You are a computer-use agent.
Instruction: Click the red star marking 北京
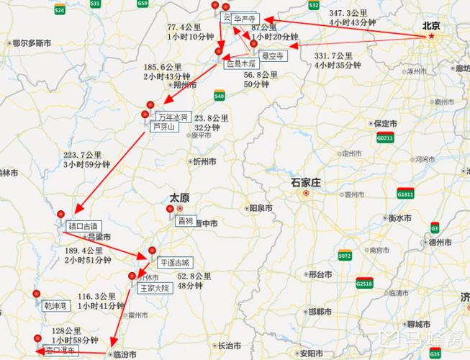(431, 37)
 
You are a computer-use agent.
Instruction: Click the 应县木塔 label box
(240, 64)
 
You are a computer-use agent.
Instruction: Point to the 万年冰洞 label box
(173, 117)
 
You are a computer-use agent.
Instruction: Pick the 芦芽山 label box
(163, 126)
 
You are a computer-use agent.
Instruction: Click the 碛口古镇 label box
(81, 226)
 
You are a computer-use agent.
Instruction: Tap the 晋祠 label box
(185, 221)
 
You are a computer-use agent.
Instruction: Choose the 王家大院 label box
(154, 288)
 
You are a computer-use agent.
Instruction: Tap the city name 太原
(179, 197)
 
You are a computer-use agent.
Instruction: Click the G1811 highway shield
(405, 194)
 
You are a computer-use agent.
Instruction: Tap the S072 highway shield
(345, 256)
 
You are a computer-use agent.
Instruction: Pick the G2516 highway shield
(364, 284)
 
